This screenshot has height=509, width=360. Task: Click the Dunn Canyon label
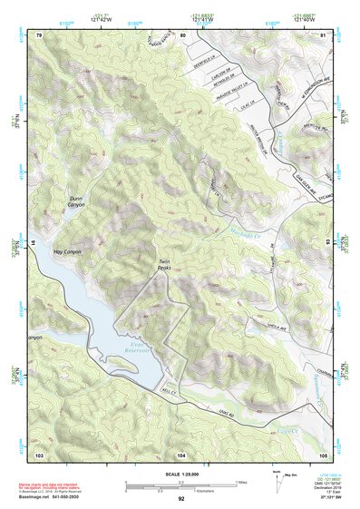pos(76,201)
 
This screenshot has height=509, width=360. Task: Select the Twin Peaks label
pos(164,265)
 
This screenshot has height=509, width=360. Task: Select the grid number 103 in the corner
pos(39,453)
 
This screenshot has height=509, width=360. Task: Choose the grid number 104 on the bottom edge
pos(181,453)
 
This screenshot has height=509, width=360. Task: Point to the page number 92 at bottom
pos(181,499)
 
